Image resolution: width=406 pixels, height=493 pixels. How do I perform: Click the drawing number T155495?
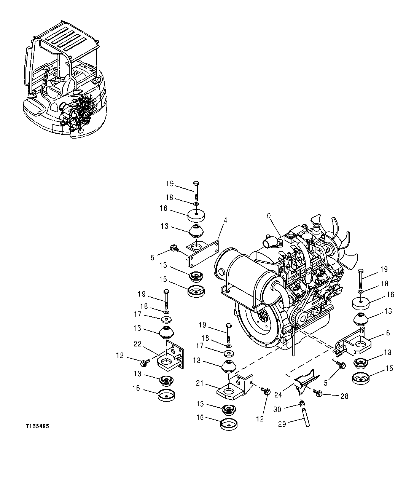coord(37,426)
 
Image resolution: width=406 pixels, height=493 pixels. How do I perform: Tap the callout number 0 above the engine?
coord(269,215)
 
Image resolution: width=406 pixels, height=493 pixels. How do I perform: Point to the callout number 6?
coord(388,332)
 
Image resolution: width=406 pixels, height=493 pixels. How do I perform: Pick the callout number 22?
coord(137,344)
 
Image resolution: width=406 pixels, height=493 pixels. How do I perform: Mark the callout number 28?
coord(344,396)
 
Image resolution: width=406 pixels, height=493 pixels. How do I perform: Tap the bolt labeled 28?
coord(318,393)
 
